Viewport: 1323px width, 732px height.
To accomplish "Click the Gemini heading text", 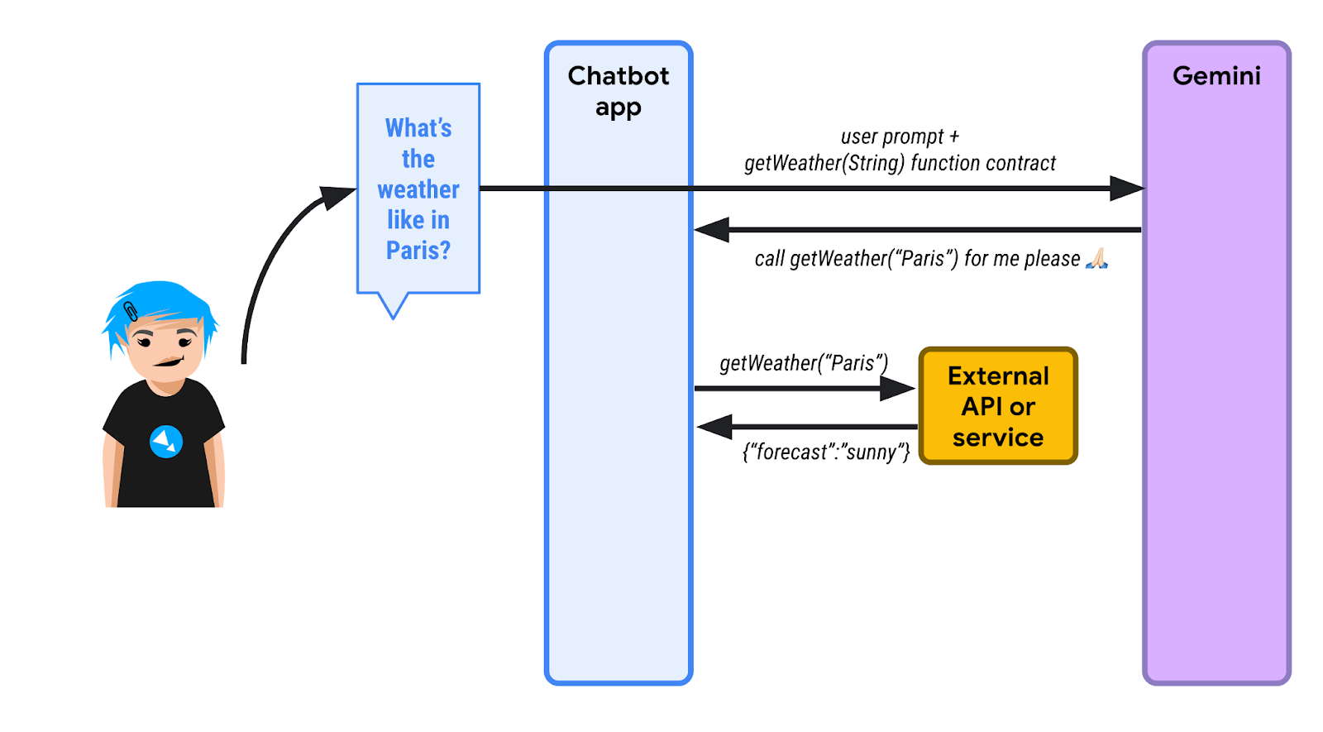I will [1216, 76].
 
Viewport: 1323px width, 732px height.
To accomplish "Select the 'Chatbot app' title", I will [618, 91].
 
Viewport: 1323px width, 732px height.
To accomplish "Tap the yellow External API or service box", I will [998, 406].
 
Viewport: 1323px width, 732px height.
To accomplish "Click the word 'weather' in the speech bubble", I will [418, 189].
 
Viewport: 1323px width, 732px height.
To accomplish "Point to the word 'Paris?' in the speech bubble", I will [418, 250].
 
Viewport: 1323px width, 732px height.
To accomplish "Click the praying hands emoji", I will [1096, 259].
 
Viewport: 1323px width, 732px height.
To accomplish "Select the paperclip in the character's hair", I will [131, 312].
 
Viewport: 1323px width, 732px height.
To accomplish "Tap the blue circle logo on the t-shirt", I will [166, 441].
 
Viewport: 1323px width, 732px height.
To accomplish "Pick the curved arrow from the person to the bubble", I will [273, 256].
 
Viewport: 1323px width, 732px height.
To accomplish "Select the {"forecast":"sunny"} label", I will [826, 452].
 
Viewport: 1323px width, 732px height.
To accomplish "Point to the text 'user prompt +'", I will [900, 136].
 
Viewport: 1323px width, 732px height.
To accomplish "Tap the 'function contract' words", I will [983, 163].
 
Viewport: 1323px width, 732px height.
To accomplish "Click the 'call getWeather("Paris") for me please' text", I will [917, 259].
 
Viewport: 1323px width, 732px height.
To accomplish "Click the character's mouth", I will [170, 361].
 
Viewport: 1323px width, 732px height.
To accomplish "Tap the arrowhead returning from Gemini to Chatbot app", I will [711, 230].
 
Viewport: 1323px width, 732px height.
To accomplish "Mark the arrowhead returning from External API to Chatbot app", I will [714, 427].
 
